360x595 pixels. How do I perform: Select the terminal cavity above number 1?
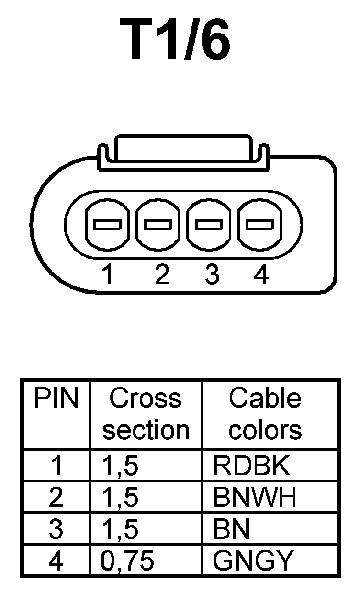107,224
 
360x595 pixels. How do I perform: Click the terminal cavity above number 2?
158,224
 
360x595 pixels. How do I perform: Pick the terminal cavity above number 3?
210,224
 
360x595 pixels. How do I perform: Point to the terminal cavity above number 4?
260,224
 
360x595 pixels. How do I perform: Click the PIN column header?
56,399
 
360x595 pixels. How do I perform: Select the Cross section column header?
146,414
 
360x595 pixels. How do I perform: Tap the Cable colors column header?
265,414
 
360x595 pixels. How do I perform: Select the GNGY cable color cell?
252,561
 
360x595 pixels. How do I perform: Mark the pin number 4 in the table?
56,561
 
